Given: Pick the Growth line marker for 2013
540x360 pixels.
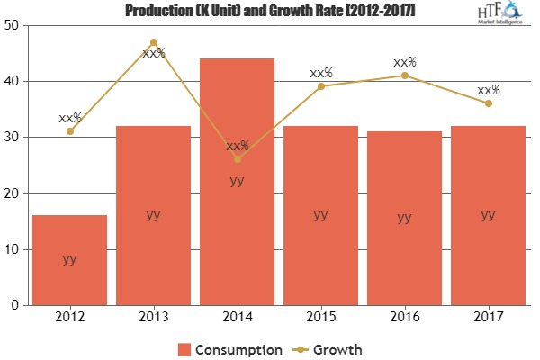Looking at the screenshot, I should tap(153, 42).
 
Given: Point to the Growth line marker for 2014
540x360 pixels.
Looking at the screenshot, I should tap(237, 159).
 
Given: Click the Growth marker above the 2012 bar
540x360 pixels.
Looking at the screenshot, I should tap(69, 131).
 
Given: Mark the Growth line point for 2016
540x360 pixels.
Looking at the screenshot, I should tap(404, 76).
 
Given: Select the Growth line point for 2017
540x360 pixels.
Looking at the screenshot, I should tap(488, 103).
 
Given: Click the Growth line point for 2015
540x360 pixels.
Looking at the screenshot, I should tap(320, 86).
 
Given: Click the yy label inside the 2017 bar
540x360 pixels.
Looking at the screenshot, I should tap(488, 214).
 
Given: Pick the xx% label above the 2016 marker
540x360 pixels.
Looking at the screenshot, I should tap(404, 62).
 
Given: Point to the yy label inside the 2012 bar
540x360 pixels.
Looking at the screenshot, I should tap(69, 258).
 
